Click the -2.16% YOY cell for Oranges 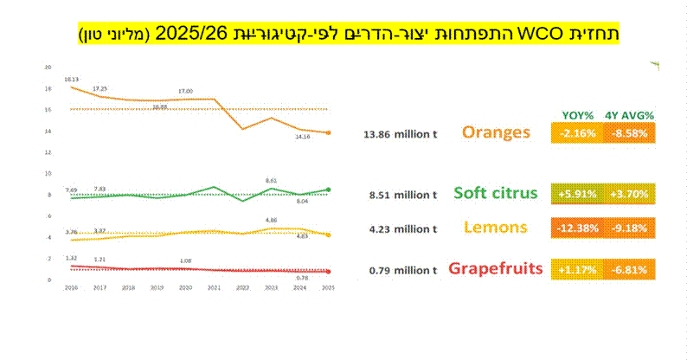578,133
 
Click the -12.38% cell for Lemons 578,230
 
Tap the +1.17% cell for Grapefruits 578,269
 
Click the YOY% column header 578,114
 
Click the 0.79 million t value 401,269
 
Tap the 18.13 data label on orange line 72,79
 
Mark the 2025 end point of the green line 328,189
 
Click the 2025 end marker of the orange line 328,132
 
